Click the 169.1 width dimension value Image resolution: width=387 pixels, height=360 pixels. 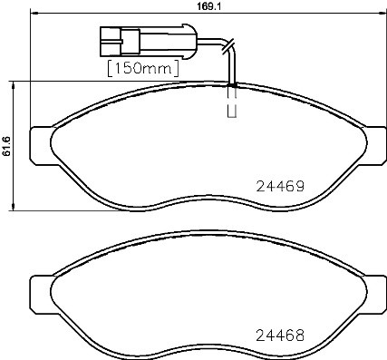(x=194, y=5)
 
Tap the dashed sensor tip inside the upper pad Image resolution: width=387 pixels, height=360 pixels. (x=231, y=102)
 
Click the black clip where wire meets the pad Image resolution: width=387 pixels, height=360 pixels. (x=233, y=85)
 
